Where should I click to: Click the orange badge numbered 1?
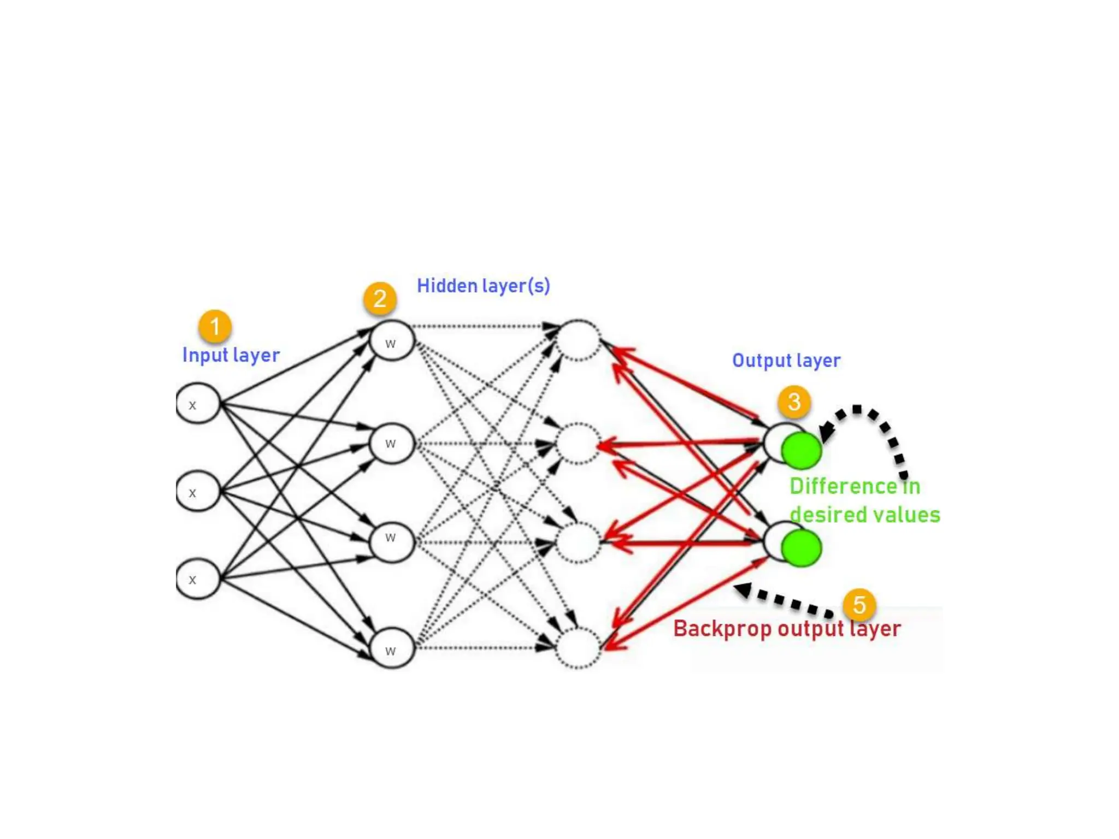pyautogui.click(x=215, y=326)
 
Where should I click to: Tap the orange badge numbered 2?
pyautogui.click(x=380, y=298)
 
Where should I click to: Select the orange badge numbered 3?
pyautogui.click(x=794, y=401)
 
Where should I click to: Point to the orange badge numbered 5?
pyautogui.click(x=859, y=605)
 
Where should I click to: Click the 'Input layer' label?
pyautogui.click(x=231, y=355)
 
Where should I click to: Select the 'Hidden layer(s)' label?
pyautogui.click(x=483, y=286)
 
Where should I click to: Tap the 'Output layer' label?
pyautogui.click(x=786, y=361)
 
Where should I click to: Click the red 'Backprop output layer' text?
pyautogui.click(x=786, y=629)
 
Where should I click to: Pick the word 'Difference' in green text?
pyautogui.click(x=843, y=486)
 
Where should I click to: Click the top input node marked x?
pyautogui.click(x=198, y=404)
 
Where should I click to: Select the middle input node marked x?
pyautogui.click(x=198, y=492)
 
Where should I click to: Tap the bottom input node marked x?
pyautogui.click(x=198, y=579)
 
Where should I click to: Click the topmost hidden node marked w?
pyautogui.click(x=391, y=341)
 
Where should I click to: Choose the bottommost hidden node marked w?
pyautogui.click(x=391, y=648)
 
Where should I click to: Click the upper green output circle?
pyautogui.click(x=801, y=450)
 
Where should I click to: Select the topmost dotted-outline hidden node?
pyautogui.click(x=578, y=340)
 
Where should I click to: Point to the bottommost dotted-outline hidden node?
pyautogui.click(x=578, y=648)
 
